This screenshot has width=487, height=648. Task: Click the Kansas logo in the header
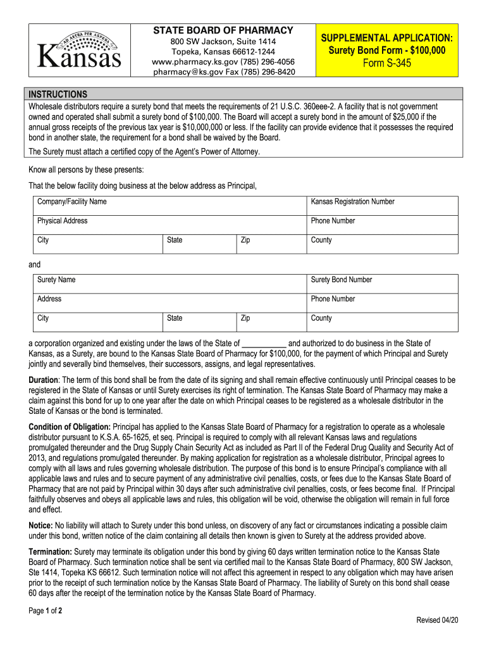point(79,50)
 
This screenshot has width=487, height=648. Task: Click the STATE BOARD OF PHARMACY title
point(224,30)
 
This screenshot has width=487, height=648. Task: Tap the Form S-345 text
point(386,63)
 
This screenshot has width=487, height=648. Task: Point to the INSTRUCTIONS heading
point(58,94)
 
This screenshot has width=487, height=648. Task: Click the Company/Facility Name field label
point(72,202)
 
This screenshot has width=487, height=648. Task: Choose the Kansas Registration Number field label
point(352,202)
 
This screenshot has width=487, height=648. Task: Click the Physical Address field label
point(63,221)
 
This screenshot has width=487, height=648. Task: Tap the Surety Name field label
point(56,280)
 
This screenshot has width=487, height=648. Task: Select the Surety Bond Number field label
point(342,280)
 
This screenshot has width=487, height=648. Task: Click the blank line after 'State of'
point(264,344)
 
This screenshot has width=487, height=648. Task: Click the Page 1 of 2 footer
point(46,611)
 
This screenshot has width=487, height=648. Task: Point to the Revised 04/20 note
point(437,620)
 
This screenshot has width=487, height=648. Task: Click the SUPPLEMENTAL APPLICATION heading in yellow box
point(386,37)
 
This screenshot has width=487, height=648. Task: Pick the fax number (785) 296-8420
point(269,72)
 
